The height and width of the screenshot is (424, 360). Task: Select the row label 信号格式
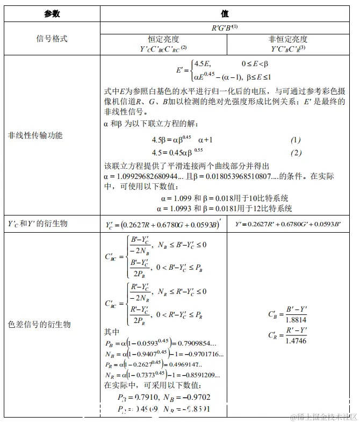pos(52,39)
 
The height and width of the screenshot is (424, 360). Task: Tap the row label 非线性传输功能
pos(35,135)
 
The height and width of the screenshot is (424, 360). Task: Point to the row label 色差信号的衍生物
pos(39,325)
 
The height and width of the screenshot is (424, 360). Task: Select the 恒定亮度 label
pos(163,39)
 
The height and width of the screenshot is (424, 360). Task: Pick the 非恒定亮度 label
pos(288,39)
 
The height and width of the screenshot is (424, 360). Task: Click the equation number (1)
pos(296,140)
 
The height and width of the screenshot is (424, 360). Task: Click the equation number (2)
pos(296,153)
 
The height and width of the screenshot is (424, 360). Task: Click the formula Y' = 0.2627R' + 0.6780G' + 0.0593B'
pos(288,223)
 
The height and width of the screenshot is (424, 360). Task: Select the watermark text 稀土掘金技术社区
pos(325,416)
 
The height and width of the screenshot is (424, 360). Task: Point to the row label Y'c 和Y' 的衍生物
pos(38,223)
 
